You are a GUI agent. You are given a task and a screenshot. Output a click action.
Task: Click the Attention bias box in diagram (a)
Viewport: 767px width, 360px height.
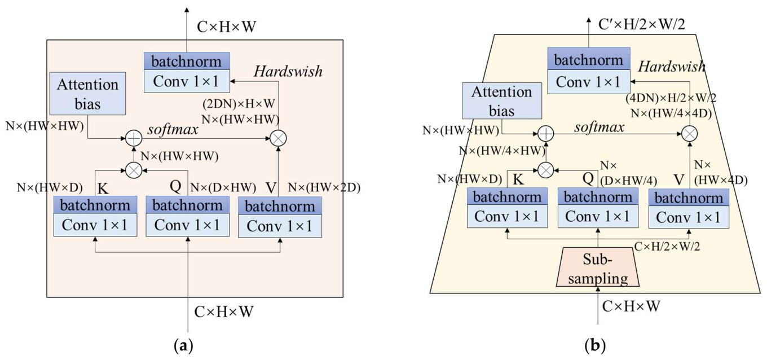tap(87, 94)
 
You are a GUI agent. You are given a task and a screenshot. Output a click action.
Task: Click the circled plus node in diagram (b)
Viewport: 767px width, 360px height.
tap(545, 134)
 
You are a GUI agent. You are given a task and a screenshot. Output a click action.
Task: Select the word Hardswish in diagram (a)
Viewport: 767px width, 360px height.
tap(288, 72)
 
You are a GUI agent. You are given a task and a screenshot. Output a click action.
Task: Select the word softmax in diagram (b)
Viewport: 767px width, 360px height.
tap(599, 128)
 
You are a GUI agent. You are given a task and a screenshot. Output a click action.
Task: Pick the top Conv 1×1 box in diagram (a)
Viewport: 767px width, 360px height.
tap(187, 81)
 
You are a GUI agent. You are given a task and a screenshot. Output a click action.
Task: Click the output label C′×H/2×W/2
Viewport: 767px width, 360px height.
tap(648, 25)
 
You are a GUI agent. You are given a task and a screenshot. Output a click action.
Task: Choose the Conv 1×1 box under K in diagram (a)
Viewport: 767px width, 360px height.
tap(95, 225)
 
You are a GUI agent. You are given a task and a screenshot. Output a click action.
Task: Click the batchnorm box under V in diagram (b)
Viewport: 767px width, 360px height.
tap(689, 198)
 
